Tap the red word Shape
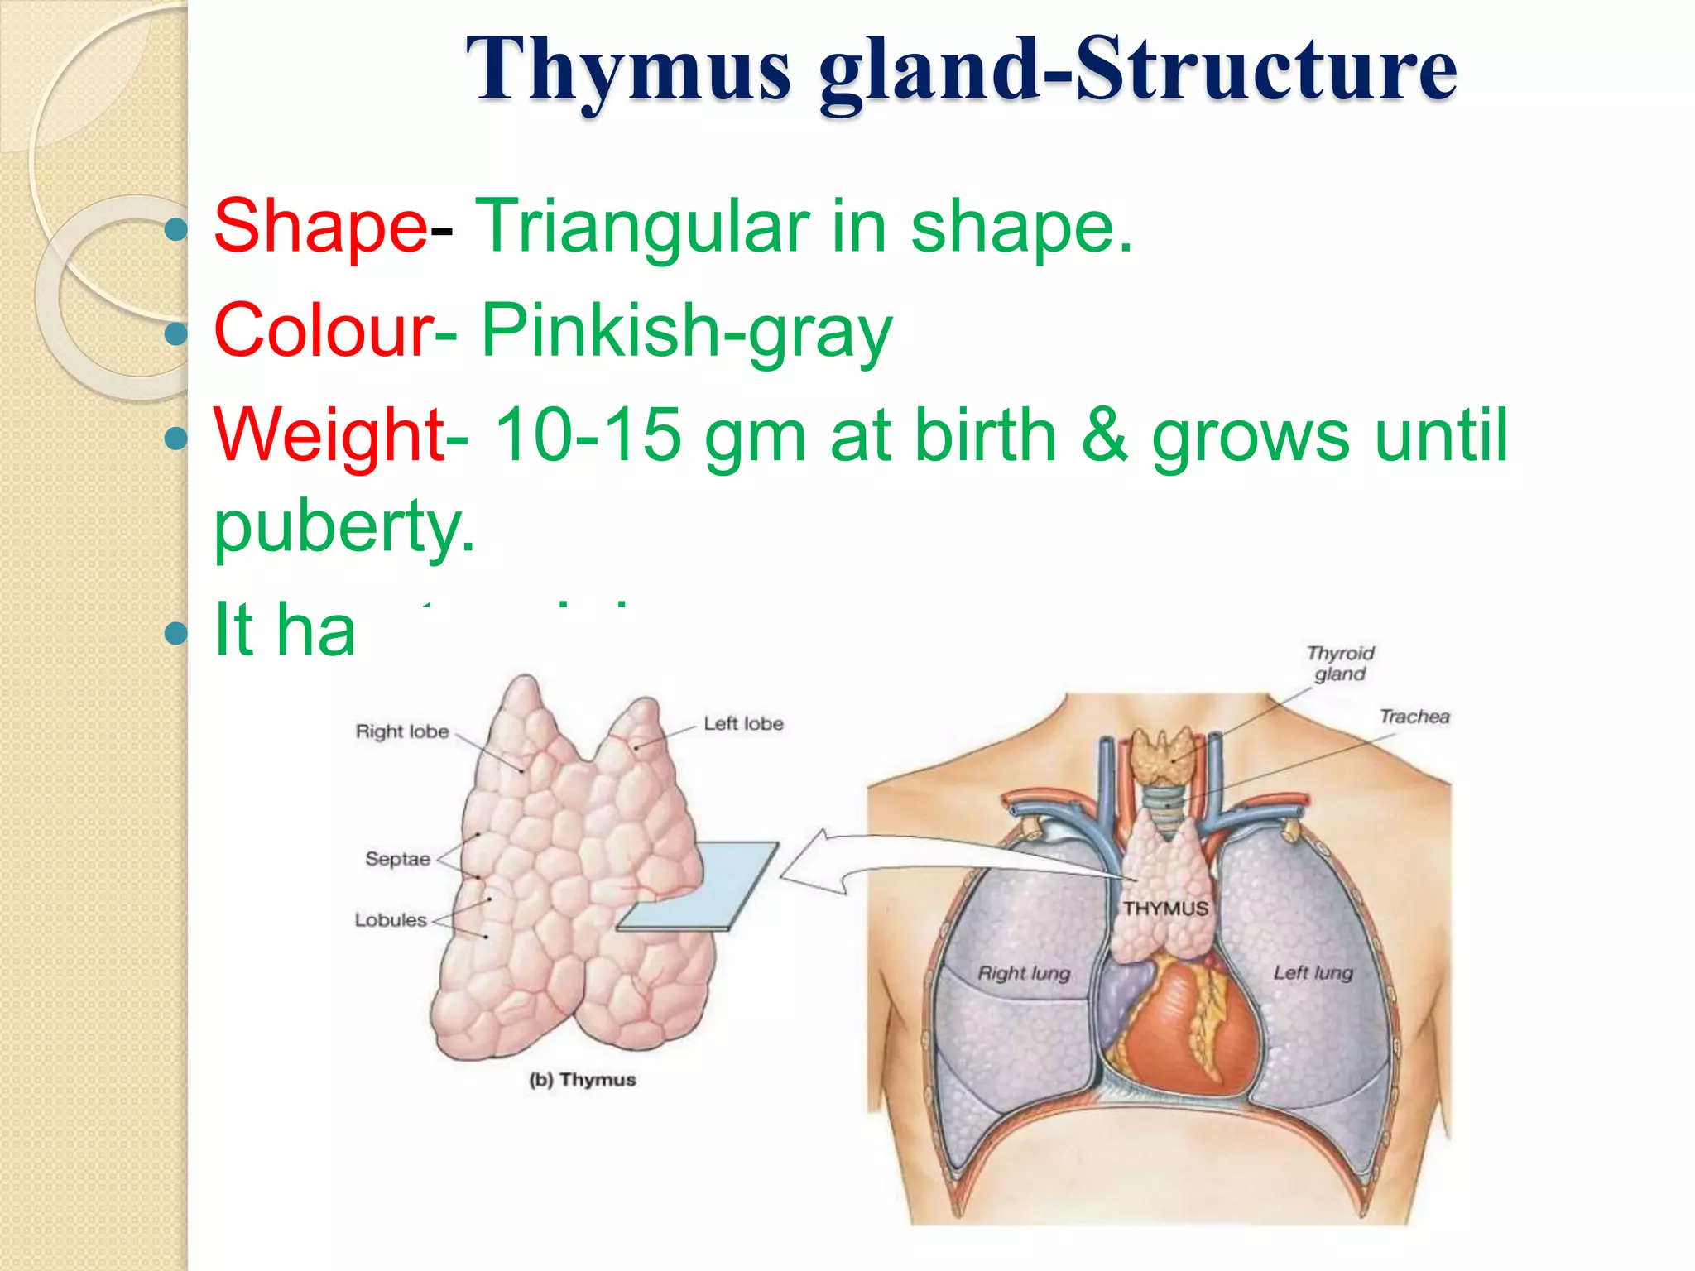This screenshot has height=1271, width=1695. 320,226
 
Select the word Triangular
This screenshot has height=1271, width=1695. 642,226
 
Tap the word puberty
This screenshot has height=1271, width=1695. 344,525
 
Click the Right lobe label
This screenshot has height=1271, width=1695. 402,731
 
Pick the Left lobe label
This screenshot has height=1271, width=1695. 743,723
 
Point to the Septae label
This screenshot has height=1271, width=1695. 397,859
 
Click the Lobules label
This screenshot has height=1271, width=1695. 391,920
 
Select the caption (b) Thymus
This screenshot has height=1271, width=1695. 583,1080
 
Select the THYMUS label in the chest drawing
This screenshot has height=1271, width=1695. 1165,909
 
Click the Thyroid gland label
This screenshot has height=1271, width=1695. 1340,664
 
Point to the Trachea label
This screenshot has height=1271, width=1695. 1414,717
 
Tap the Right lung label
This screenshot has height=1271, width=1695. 1024,973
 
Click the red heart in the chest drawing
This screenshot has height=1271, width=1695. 1184,1034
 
